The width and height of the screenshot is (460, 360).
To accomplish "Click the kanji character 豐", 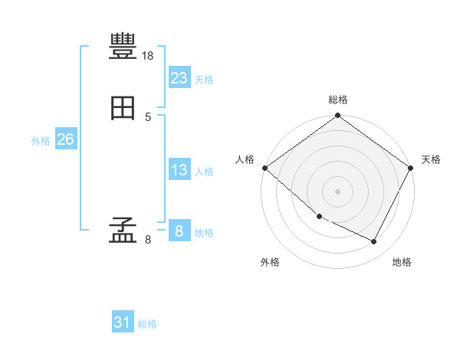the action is [x=123, y=46].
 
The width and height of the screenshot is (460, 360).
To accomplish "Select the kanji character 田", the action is [x=123, y=108].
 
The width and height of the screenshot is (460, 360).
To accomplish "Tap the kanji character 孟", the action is [x=123, y=230].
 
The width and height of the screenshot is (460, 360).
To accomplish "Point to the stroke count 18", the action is [x=147, y=56].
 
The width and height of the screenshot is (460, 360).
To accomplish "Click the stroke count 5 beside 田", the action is [x=148, y=117].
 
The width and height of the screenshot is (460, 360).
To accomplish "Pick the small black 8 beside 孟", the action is [x=148, y=240].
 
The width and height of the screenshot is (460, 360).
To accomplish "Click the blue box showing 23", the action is [x=179, y=77].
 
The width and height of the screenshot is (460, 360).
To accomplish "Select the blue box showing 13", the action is [x=179, y=169].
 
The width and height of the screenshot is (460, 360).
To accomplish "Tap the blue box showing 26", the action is [x=66, y=139].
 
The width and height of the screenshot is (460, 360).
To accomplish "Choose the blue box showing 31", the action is [x=123, y=321].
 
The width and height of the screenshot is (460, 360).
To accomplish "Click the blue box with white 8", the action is [x=179, y=230].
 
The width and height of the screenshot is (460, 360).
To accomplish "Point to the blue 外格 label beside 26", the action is [x=41, y=141].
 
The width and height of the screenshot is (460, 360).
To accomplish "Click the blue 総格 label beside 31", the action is [x=147, y=324].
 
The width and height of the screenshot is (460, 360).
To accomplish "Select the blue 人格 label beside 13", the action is [x=204, y=172].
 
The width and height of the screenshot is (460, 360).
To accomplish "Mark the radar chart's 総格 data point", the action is [x=337, y=115].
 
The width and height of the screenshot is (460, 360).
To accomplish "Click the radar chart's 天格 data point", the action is [x=410, y=168].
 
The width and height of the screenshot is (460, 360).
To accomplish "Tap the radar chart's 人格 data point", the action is [x=265, y=168].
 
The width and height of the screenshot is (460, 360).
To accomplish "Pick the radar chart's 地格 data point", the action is [x=373, y=241].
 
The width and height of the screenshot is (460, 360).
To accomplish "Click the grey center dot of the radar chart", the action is [x=337, y=191].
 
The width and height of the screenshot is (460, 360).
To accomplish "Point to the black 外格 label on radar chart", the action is [x=270, y=262].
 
